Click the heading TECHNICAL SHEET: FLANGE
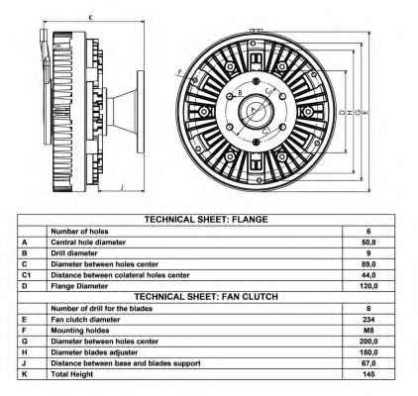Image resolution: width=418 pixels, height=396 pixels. coord(206,220)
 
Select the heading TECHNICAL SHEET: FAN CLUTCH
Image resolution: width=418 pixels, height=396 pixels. coord(206,297)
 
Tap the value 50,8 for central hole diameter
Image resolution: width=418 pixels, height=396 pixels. coord(368,243)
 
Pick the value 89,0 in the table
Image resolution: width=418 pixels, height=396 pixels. coord(368,264)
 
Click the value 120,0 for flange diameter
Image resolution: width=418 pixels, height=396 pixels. coord(368,286)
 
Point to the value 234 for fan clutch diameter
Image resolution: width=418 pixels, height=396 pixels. coord(368,320)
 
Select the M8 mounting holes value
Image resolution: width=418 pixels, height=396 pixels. coord(368,331)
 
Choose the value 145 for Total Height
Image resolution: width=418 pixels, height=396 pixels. coord(368,374)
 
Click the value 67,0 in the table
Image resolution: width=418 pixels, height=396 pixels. coord(368,363)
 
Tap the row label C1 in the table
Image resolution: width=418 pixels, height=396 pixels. coord(26,275)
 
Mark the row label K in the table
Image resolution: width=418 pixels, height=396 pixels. coord(24,374)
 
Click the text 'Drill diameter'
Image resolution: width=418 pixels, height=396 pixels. coord(74,253)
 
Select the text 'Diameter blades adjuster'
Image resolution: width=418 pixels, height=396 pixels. coord(94,352)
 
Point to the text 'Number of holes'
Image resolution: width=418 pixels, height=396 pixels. coord(79,232)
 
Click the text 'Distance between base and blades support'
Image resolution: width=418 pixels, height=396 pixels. coord(126,363)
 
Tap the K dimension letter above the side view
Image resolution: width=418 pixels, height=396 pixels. coord(91,18)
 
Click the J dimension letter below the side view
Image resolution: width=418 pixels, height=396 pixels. coord(122,187)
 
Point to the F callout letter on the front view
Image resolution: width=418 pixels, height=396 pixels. coord(180,71)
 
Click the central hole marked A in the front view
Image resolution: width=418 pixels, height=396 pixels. coord(255,111)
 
